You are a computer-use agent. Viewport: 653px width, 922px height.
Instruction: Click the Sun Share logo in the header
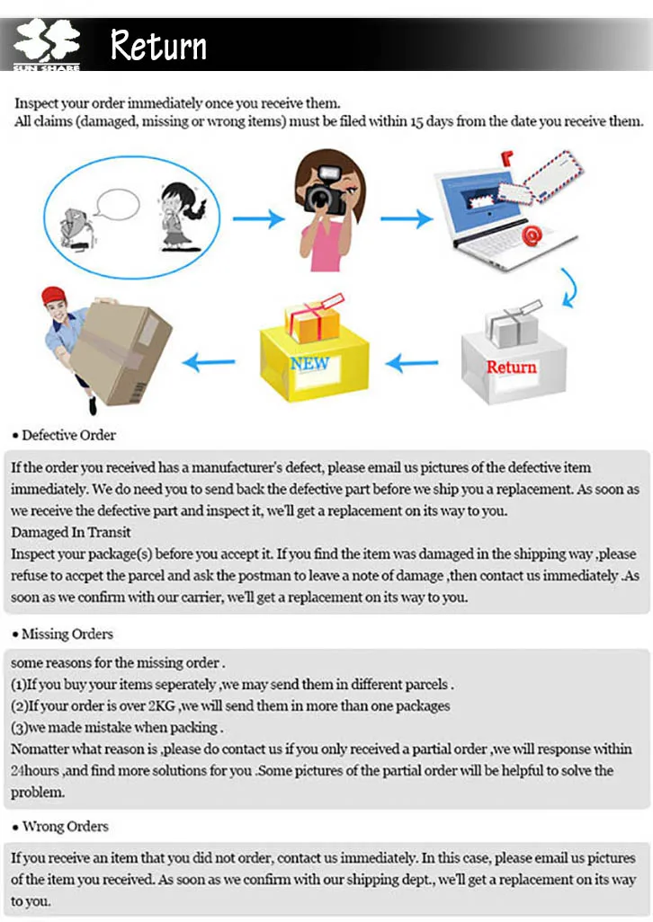pyautogui.click(x=46, y=46)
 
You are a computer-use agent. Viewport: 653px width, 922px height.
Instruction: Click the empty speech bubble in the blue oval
pyautogui.click(x=118, y=204)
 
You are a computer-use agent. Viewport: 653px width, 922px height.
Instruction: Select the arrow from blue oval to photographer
pyautogui.click(x=258, y=218)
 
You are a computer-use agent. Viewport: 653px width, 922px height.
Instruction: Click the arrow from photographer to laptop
pyautogui.click(x=412, y=218)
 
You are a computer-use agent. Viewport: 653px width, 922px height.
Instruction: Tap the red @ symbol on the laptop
pyautogui.click(x=532, y=236)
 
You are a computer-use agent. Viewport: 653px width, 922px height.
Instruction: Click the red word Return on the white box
pyautogui.click(x=511, y=367)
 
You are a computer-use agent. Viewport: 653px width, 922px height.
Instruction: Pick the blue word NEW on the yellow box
pyautogui.click(x=310, y=363)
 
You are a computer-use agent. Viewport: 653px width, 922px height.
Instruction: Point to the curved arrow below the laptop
pyautogui.click(x=568, y=288)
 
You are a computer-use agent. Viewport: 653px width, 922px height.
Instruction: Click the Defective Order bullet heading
pyautogui.click(x=68, y=435)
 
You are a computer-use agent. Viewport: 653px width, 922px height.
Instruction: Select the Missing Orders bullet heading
pyautogui.click(x=67, y=634)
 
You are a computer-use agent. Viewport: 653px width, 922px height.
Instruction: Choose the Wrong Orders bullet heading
pyautogui.click(x=65, y=826)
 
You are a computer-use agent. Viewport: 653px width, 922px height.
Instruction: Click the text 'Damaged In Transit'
pyautogui.click(x=71, y=532)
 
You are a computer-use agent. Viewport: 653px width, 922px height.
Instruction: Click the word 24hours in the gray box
pyautogui.click(x=35, y=770)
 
